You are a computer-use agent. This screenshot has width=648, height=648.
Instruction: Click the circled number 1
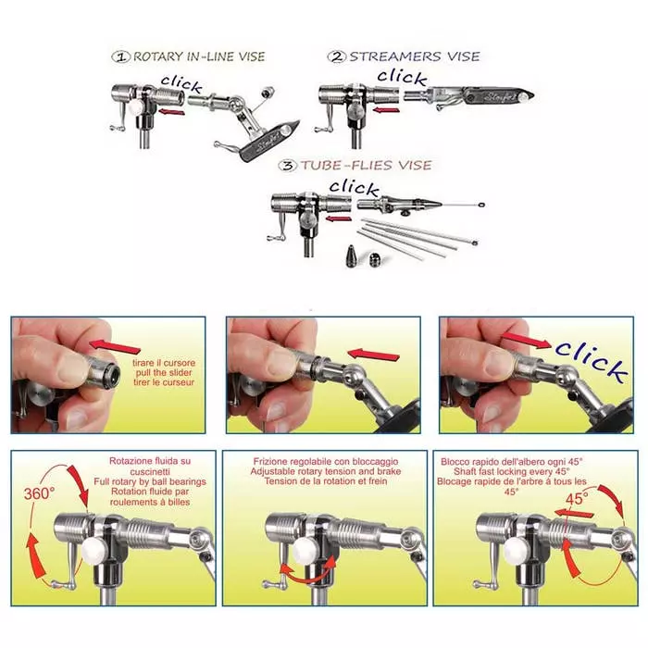tap(120, 56)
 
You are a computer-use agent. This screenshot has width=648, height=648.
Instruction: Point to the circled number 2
tap(335, 56)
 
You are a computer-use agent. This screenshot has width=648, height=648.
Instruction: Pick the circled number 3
tap(289, 166)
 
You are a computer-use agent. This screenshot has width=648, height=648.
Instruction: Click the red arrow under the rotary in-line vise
tap(168, 112)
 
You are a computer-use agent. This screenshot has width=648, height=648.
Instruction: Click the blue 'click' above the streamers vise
tap(403, 77)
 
